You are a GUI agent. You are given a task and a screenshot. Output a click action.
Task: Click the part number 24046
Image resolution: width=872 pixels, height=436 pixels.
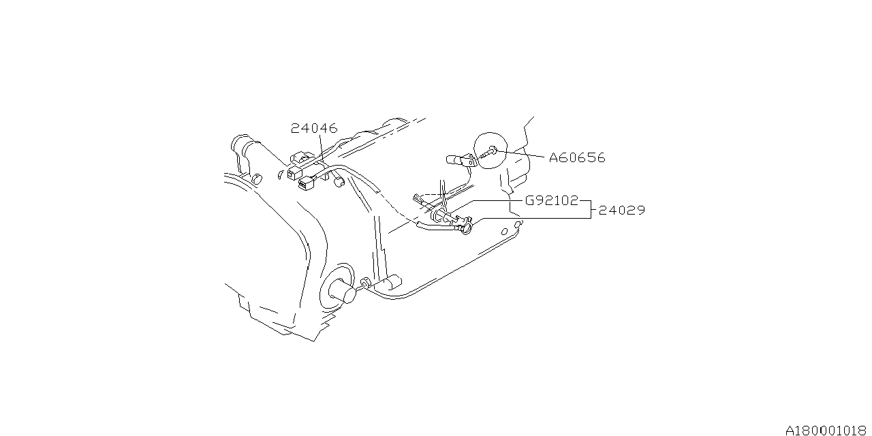coord(314,128)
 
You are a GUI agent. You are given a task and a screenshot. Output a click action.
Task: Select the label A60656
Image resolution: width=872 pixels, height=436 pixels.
coord(577,158)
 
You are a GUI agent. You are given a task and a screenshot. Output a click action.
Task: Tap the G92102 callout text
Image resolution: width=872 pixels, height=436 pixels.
coord(551,201)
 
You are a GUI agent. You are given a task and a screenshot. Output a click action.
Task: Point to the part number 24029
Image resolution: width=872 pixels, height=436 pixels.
coord(621,211)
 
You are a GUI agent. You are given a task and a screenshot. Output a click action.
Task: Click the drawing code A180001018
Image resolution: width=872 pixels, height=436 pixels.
coord(827,431)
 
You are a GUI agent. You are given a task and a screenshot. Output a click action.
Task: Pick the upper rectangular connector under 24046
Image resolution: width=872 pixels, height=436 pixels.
coord(295,172)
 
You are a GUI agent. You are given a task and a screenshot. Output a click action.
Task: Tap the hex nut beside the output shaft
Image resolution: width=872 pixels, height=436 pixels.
coord(366,283)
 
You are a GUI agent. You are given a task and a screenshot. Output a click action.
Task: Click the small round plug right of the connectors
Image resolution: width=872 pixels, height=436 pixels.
coord(339,181)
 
